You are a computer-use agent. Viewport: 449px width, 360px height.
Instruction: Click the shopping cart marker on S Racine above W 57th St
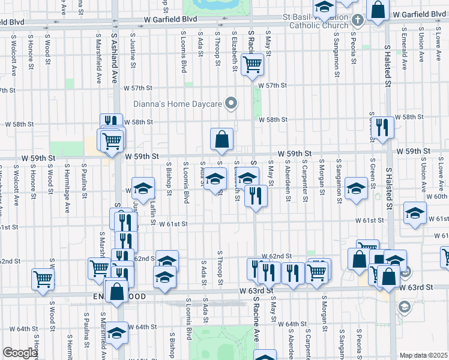point(253,64)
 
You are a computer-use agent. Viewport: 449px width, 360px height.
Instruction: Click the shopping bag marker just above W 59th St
point(221,139)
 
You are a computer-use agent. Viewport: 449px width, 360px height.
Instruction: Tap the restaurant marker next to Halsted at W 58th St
point(382,127)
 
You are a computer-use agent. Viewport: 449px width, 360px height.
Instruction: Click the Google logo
point(20,353)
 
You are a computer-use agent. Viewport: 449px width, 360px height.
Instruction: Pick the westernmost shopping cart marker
point(43,278)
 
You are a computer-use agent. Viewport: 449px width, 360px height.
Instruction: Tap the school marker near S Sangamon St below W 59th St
point(356,189)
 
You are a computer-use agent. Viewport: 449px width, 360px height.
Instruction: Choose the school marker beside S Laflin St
point(143,189)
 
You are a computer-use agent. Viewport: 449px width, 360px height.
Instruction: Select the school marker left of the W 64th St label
point(117,332)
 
